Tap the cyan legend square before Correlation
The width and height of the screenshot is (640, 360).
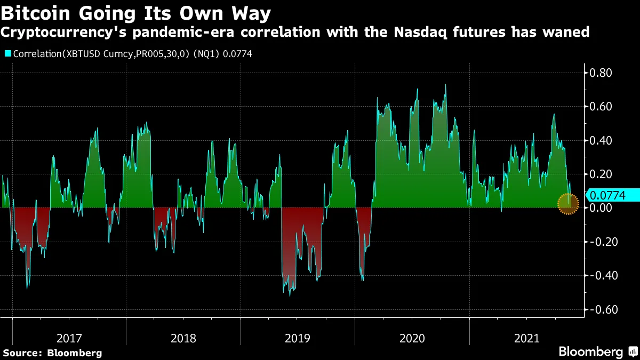[x=7, y=53]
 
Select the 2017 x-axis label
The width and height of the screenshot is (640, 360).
[x=69, y=338]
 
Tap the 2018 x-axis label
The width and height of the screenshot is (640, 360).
[x=183, y=338]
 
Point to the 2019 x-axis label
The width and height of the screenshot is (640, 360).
[x=298, y=338]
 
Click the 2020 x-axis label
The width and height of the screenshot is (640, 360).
[x=412, y=338]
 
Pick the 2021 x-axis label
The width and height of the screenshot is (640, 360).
[x=526, y=338]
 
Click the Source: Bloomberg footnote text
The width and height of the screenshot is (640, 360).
[x=52, y=353]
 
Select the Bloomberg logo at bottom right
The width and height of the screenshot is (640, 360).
[x=597, y=352]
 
